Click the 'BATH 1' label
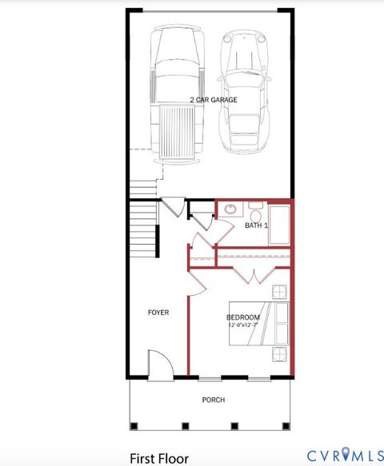pyautogui.click(x=256, y=226)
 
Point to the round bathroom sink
pyautogui.click(x=230, y=209)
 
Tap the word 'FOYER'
pyautogui.click(x=158, y=312)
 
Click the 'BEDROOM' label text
pyautogui.click(x=243, y=317)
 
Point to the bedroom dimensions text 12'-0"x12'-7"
pyautogui.click(x=243, y=325)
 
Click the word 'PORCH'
pyautogui.click(x=213, y=400)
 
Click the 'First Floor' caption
pyautogui.click(x=159, y=458)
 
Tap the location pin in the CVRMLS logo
pyautogui.click(x=345, y=454)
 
